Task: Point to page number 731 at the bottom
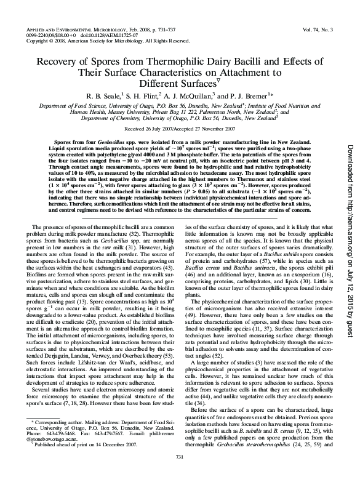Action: tap(180, 472)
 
